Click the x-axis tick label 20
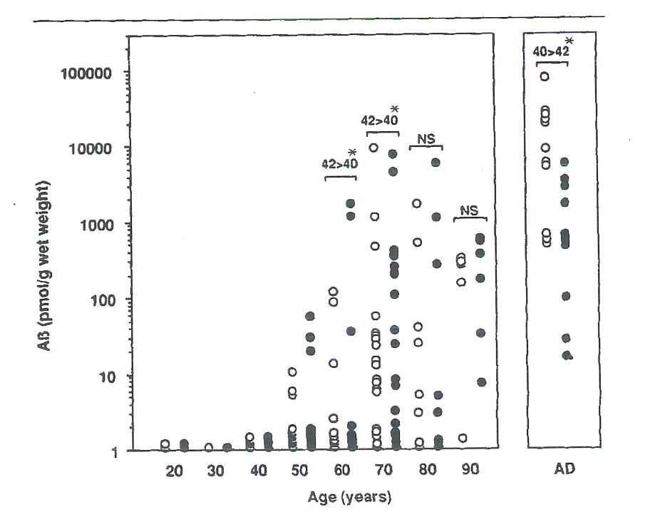click(x=175, y=471)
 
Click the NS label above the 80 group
click(x=426, y=138)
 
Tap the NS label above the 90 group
click(x=468, y=210)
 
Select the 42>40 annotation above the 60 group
click(x=340, y=164)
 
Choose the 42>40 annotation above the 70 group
click(x=382, y=121)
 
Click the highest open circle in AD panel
click(x=545, y=76)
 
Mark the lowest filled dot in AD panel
click(x=567, y=354)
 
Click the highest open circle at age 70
click(x=373, y=148)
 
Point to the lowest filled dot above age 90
click(x=481, y=382)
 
